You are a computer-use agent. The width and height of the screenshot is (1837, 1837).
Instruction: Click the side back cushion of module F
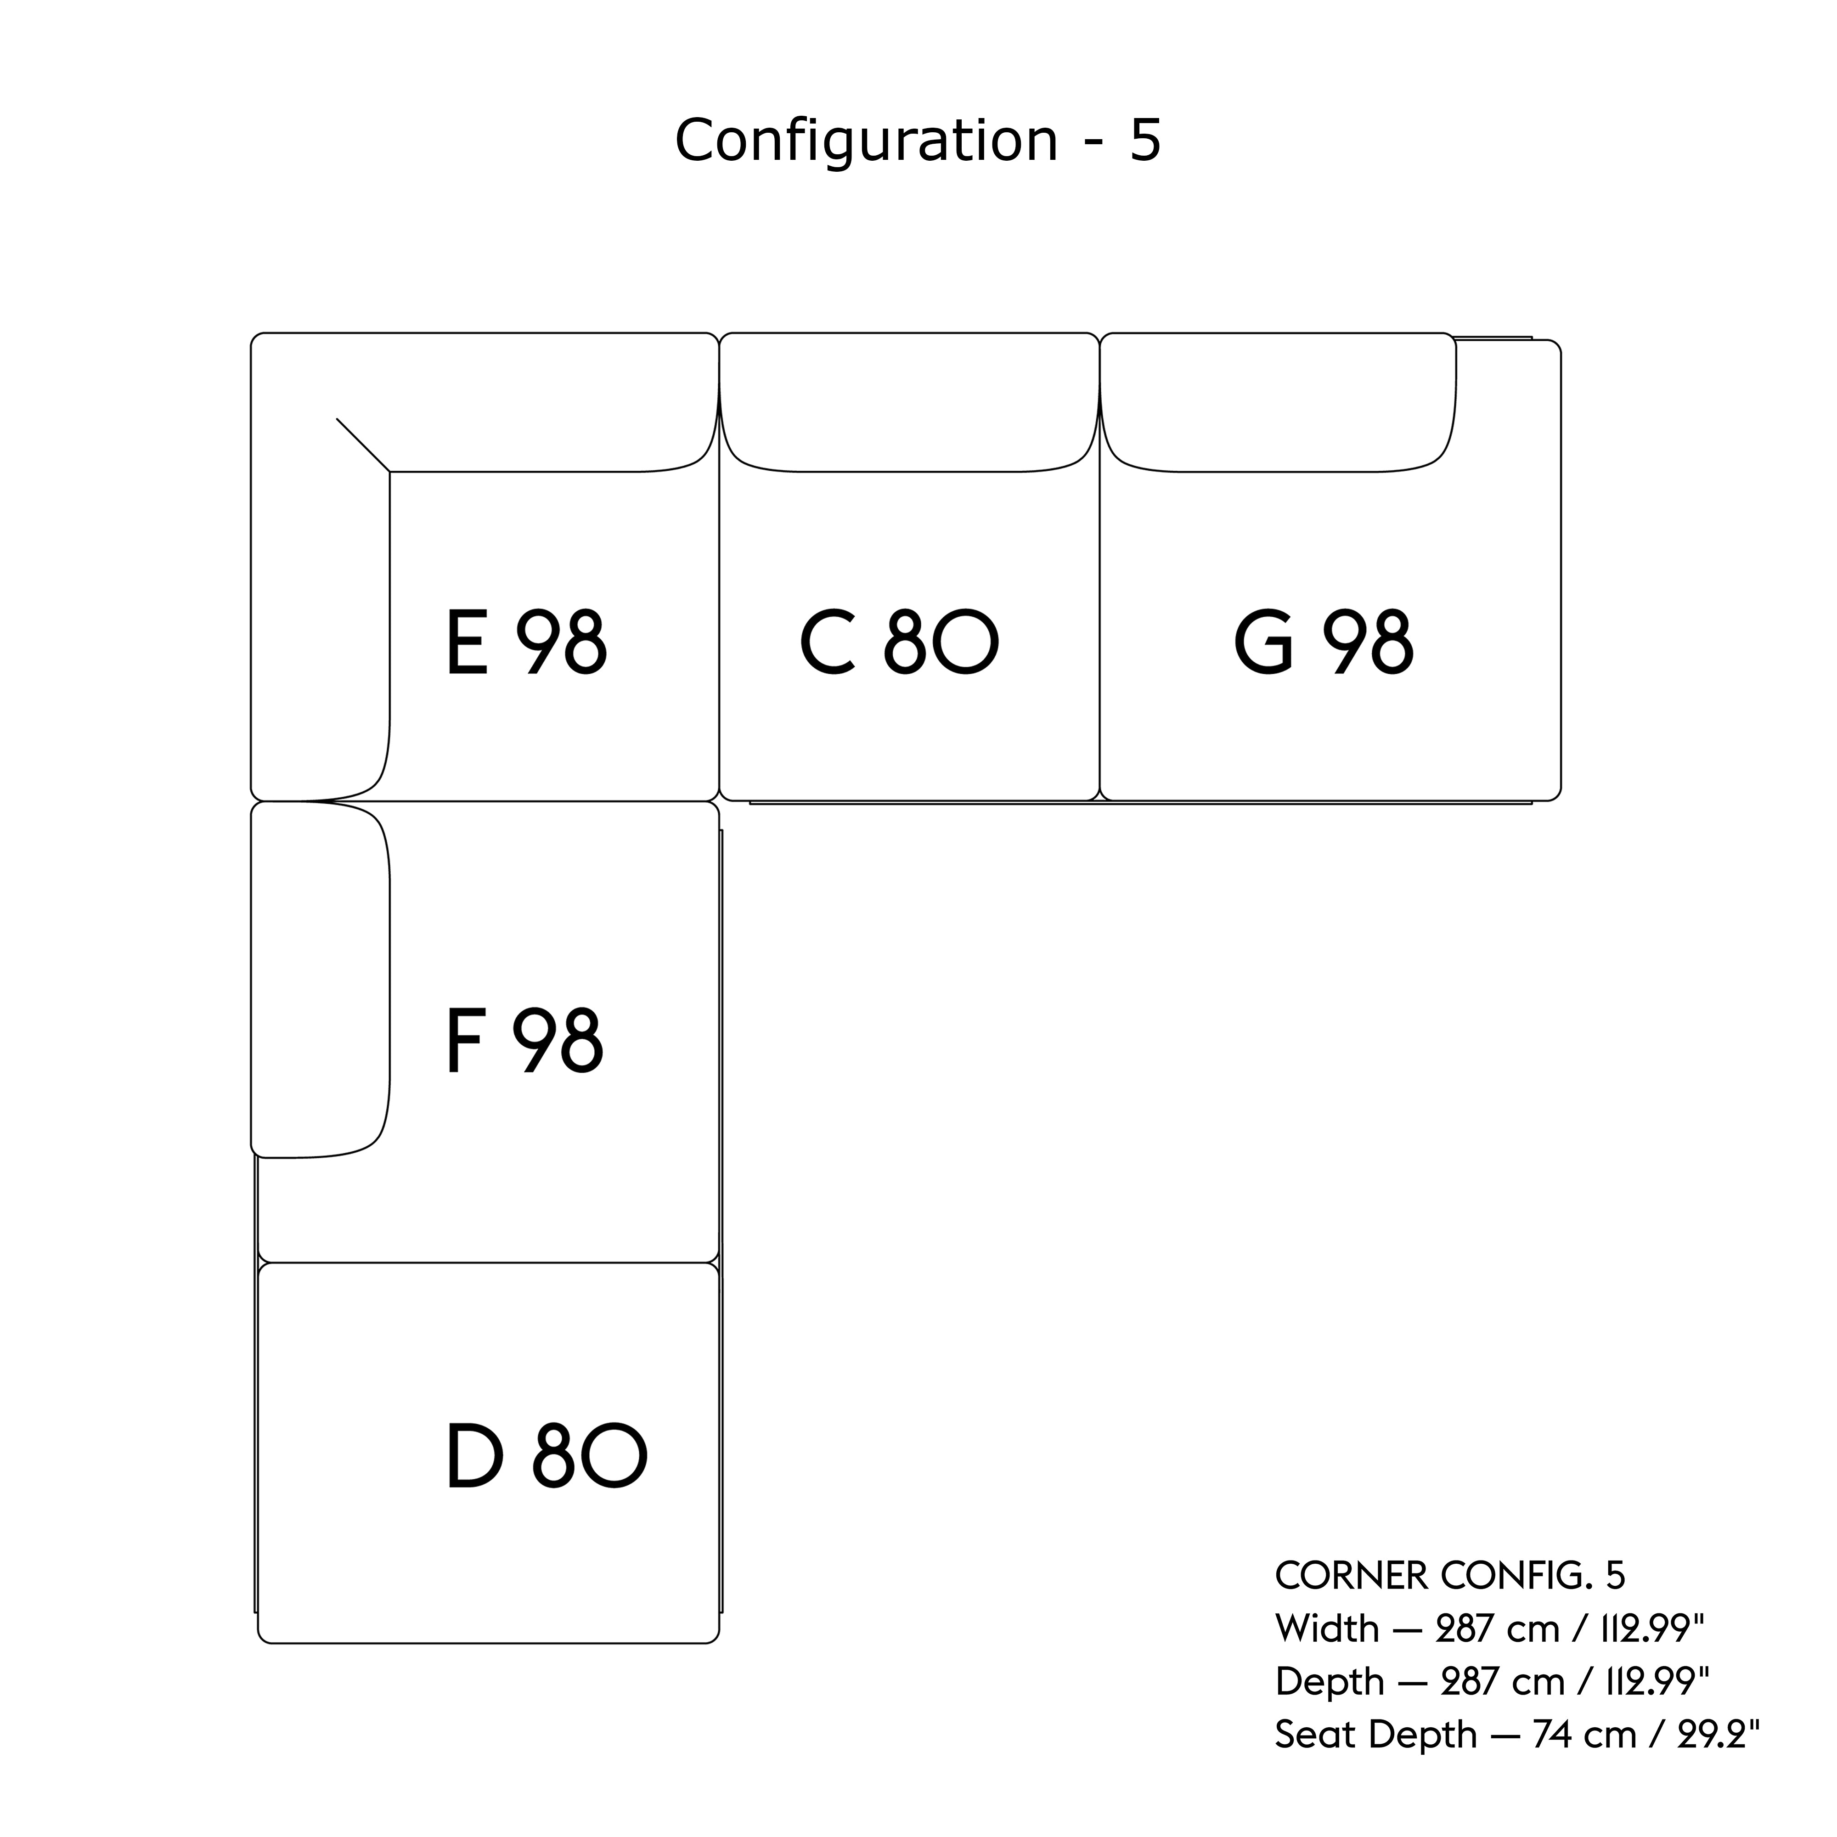point(320,980)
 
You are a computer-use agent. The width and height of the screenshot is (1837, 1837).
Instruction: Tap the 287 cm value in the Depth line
point(1502,1682)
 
